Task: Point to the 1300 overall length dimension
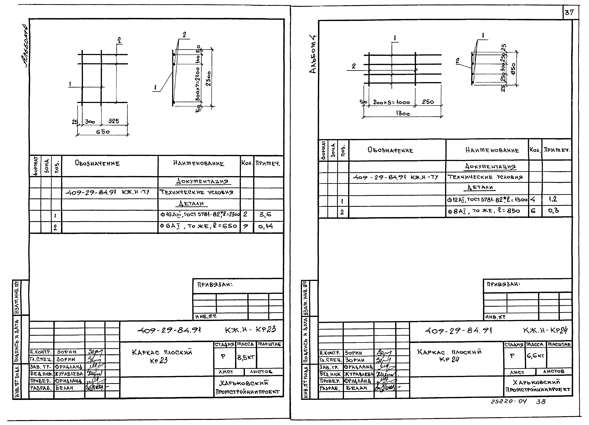pos(403,114)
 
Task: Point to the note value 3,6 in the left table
pos(265,215)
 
